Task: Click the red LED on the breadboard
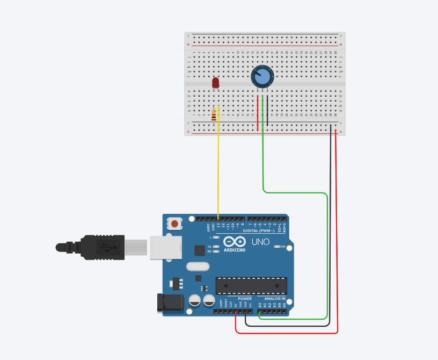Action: [216, 83]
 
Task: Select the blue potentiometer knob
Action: [262, 77]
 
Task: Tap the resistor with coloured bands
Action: [214, 116]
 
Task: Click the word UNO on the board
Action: [260, 242]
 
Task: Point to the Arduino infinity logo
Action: [235, 242]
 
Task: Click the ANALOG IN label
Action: [275, 298]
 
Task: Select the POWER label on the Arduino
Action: [245, 298]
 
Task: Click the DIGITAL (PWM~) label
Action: [258, 231]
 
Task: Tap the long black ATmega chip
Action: [251, 285]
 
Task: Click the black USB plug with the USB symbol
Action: [103, 248]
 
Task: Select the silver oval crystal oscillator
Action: [198, 266]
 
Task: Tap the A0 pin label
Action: [260, 305]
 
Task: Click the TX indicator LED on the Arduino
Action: [216, 247]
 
